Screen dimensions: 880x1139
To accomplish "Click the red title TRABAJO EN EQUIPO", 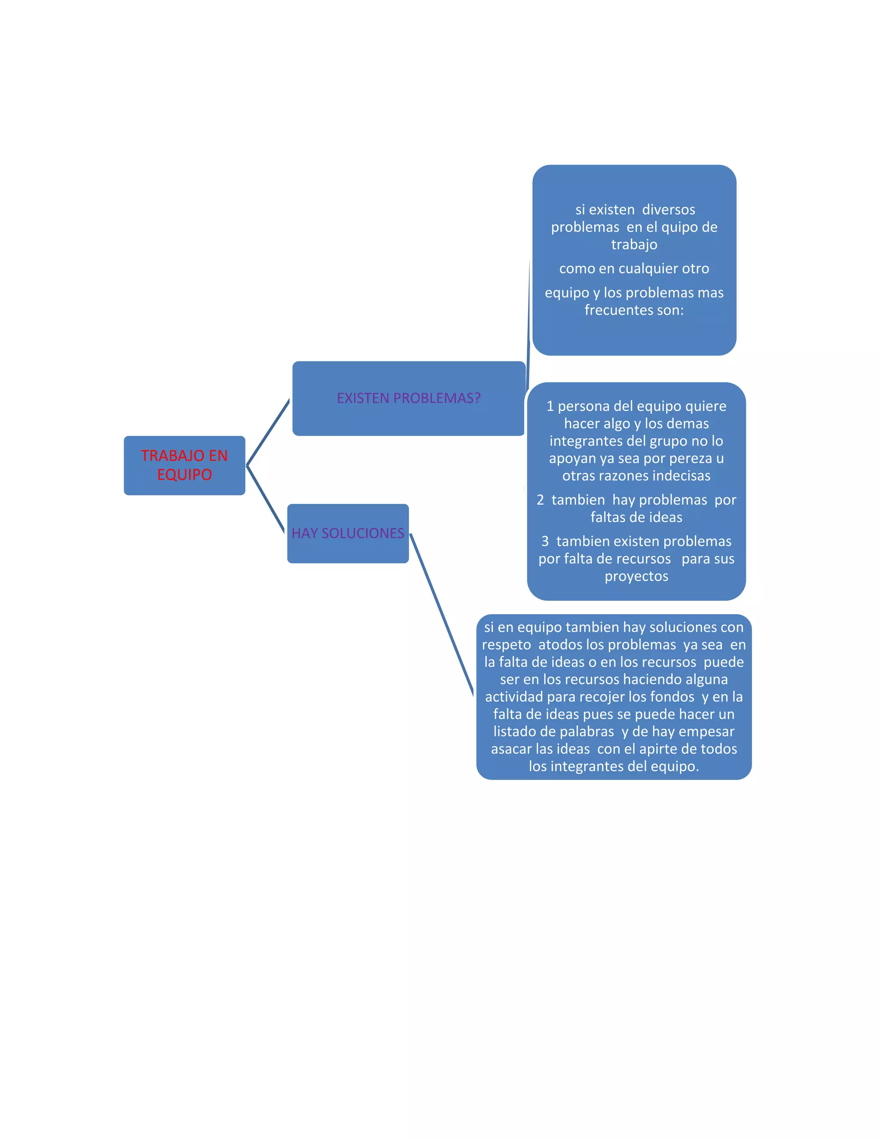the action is tap(184, 465).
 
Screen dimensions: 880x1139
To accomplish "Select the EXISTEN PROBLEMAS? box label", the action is tap(408, 398).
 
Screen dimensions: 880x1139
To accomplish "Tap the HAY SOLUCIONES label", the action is tap(348, 533).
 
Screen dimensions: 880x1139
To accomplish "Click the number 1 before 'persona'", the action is tap(550, 406).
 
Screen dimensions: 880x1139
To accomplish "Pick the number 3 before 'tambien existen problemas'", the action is tap(545, 541).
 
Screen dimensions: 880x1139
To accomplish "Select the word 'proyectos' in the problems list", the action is tap(636, 576).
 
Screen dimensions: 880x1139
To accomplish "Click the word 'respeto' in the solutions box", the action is tap(506, 645).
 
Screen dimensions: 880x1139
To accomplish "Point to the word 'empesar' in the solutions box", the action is tap(709, 732).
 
